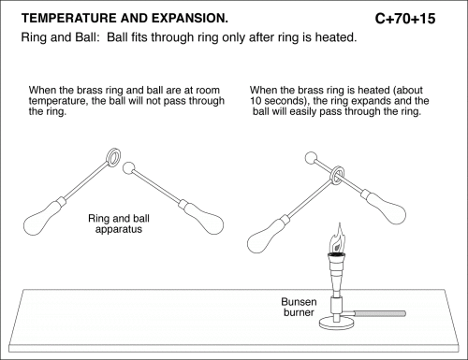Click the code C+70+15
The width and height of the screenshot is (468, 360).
405,19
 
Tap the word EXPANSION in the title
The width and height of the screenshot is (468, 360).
190,19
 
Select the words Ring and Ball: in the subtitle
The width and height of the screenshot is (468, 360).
60,37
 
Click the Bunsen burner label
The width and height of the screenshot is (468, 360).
299,307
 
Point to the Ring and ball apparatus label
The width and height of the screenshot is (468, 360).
119,223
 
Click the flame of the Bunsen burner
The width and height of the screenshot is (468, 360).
338,238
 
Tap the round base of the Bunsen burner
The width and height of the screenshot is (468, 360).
337,324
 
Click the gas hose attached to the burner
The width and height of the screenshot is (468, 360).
380,313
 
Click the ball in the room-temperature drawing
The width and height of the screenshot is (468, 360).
129,167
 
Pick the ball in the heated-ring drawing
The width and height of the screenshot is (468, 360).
311,158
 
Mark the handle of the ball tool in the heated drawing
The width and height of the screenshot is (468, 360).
384,207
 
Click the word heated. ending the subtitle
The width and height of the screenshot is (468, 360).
336,37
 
